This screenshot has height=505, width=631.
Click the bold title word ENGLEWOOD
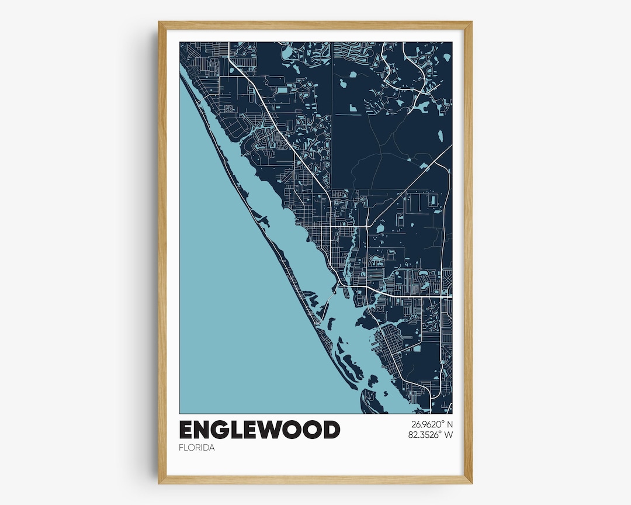click(259, 430)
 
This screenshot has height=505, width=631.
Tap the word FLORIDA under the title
click(197, 448)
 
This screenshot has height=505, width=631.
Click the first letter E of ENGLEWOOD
click(187, 430)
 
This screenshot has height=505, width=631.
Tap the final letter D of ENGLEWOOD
click(331, 430)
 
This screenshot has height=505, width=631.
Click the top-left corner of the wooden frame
click(159, 22)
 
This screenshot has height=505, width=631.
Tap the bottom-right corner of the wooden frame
click(471, 483)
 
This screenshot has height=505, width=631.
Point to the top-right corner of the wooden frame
click(471, 22)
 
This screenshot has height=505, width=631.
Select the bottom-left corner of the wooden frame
click(159, 483)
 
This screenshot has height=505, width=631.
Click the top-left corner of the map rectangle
click(179, 42)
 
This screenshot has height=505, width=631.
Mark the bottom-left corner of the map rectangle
click(179, 413)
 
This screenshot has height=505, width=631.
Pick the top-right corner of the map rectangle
click(452, 42)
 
